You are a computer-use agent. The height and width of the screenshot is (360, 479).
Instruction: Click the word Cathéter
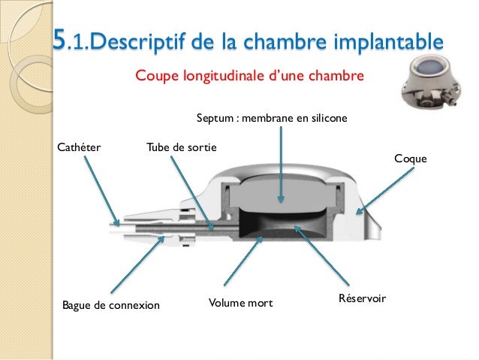79,146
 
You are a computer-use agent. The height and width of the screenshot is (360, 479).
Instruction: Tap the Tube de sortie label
181,146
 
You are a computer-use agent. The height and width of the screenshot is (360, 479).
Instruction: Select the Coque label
410,159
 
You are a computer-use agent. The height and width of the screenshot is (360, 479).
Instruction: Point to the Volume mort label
239,304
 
